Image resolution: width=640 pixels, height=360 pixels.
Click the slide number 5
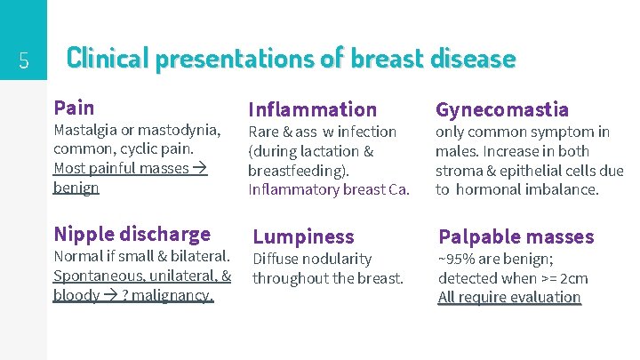coord(24,60)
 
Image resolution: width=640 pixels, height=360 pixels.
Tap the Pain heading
coord(74,108)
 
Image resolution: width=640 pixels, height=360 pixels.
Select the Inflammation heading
coord(312,109)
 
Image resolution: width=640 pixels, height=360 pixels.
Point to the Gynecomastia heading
coord(501,109)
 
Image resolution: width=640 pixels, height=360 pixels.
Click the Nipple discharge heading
coord(132,234)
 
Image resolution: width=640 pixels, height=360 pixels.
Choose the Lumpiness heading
coord(303,236)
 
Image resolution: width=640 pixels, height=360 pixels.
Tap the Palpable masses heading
coord(516,236)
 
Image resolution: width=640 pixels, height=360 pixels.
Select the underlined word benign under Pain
coord(76,188)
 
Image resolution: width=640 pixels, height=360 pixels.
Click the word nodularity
coord(337,259)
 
